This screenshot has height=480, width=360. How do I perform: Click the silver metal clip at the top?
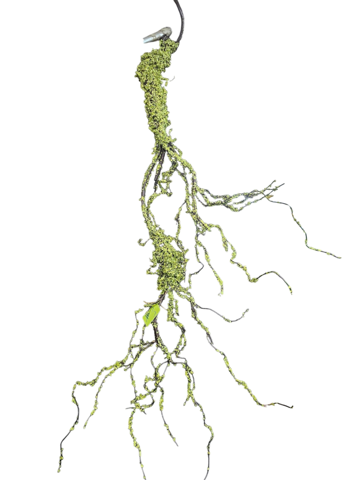(158, 35)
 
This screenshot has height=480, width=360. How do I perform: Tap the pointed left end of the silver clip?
(144, 41)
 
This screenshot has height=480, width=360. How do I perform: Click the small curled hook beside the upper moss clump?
(173, 78)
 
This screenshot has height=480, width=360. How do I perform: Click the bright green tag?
(151, 314)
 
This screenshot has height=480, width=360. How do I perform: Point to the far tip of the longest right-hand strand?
(340, 257)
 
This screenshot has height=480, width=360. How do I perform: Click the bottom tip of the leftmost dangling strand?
(59, 470)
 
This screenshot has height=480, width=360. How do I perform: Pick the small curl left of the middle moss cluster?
(140, 242)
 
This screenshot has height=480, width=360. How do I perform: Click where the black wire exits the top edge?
(176, 1)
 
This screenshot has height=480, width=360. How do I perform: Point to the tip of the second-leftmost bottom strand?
(85, 427)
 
